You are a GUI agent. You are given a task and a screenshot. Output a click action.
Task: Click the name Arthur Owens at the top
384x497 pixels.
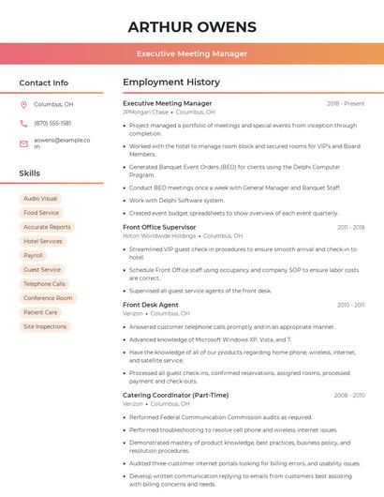[191, 25]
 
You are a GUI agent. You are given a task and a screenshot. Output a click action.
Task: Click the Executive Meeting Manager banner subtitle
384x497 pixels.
[191, 53]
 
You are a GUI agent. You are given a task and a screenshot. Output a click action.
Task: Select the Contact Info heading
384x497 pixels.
[43, 83]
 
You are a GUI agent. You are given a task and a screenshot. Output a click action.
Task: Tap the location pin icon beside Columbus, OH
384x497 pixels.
[23, 105]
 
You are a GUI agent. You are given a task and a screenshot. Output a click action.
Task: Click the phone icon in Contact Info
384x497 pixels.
[23, 123]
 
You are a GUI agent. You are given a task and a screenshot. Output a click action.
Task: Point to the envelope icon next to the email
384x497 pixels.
[23, 143]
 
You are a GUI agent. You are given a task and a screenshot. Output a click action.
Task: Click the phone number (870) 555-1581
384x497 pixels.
[52, 123]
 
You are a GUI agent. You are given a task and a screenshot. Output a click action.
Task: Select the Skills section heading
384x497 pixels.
[30, 173]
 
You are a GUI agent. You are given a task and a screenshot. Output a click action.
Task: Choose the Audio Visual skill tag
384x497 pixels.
[40, 199]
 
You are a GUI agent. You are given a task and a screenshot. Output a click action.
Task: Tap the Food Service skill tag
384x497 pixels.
[41, 213]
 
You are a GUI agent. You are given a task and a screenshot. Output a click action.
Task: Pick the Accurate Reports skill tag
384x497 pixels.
[47, 227]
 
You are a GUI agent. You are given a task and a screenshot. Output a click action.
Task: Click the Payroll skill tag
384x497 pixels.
[33, 255]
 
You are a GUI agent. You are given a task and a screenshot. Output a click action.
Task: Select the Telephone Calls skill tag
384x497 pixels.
[44, 283]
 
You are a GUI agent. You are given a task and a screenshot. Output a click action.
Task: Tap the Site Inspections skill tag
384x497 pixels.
[45, 326]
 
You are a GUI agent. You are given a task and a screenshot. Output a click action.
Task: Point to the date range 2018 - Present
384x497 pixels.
[346, 104]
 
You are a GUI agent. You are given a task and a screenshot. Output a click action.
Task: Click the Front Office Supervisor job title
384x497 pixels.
[159, 227]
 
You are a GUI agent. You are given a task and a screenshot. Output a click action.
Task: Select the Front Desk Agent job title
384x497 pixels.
[151, 305]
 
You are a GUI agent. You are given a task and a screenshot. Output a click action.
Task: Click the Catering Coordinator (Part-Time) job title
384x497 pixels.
[175, 395]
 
